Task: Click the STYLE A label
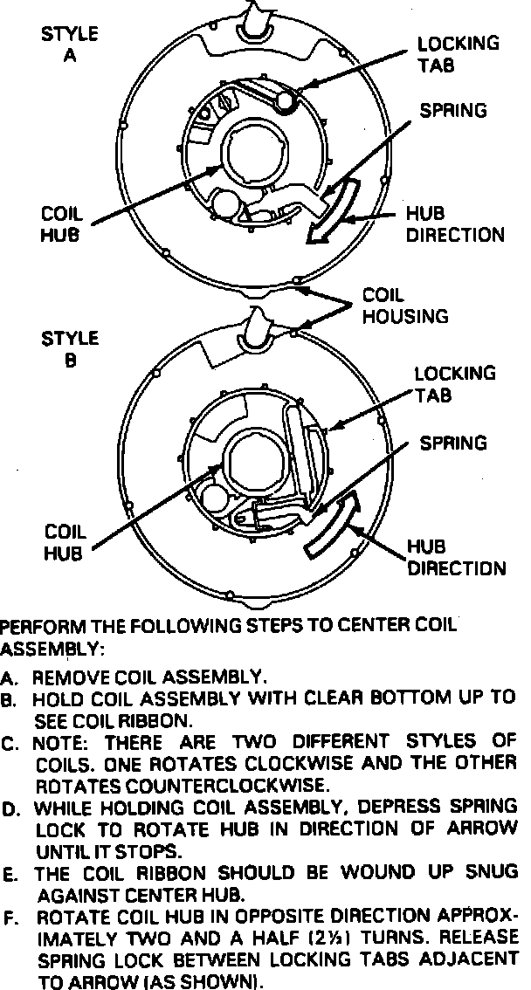pos(69,46)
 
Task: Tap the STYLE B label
pos(70,347)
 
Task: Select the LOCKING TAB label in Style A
pos(445,53)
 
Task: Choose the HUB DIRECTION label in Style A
pos(455,224)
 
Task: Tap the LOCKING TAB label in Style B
pos(443,384)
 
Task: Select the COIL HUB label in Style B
pos(64,540)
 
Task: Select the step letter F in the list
pos(8,918)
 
